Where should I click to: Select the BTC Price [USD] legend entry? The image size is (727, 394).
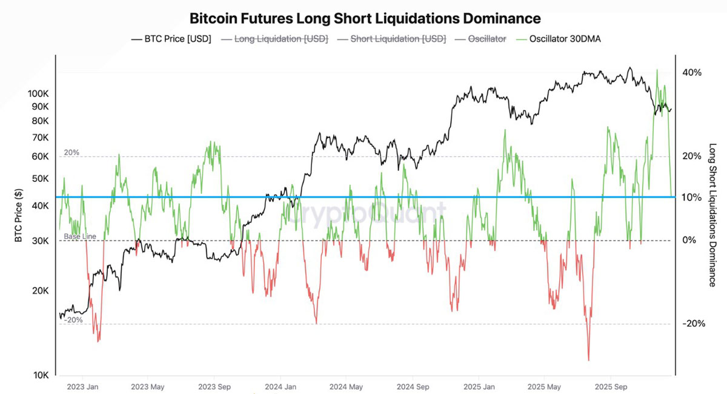coord(171,39)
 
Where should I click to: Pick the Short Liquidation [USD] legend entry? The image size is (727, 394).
coord(392,39)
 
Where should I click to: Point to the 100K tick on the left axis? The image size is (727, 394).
coord(38,94)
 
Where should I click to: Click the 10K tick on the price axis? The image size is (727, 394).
coord(40,375)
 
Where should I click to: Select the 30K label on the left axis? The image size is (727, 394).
coord(40,241)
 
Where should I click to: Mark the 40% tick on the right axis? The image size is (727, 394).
coord(691,73)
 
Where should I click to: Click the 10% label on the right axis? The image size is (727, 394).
coord(691,198)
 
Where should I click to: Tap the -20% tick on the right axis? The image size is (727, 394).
coord(693,324)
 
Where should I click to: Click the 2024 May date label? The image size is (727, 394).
coord(347,386)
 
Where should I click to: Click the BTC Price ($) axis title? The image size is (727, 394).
coord(19,215)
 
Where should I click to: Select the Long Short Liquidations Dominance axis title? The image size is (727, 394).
coord(712,215)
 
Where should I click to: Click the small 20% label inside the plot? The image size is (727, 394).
coord(71,153)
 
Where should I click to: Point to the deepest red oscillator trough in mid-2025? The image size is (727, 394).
coord(588,360)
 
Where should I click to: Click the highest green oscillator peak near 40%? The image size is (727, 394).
coord(657,70)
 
